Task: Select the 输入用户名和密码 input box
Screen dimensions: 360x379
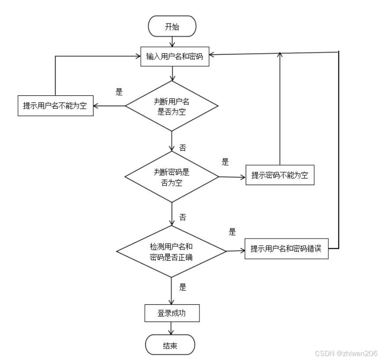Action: [x=174, y=56]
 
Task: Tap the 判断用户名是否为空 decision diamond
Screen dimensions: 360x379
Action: [x=172, y=106]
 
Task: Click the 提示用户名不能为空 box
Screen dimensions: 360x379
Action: [x=56, y=106]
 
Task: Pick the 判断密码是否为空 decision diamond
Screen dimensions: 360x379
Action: [x=172, y=177]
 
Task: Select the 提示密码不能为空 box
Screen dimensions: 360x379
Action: [x=279, y=175]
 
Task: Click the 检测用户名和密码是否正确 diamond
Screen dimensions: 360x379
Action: [x=172, y=251]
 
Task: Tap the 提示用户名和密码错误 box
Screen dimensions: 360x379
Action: [x=286, y=249]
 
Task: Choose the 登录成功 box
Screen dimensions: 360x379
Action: [x=172, y=314]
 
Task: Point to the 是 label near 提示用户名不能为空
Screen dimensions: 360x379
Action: [x=119, y=92]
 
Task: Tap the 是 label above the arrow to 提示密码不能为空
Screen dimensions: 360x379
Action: [x=225, y=162]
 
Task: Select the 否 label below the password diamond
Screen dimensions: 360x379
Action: [x=183, y=217]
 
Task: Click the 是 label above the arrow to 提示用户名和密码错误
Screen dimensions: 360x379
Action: [x=233, y=232]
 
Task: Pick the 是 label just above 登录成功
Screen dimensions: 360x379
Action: [x=183, y=287]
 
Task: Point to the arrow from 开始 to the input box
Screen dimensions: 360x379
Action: [x=172, y=42]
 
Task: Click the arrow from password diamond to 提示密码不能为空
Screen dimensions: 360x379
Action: [x=232, y=177]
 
